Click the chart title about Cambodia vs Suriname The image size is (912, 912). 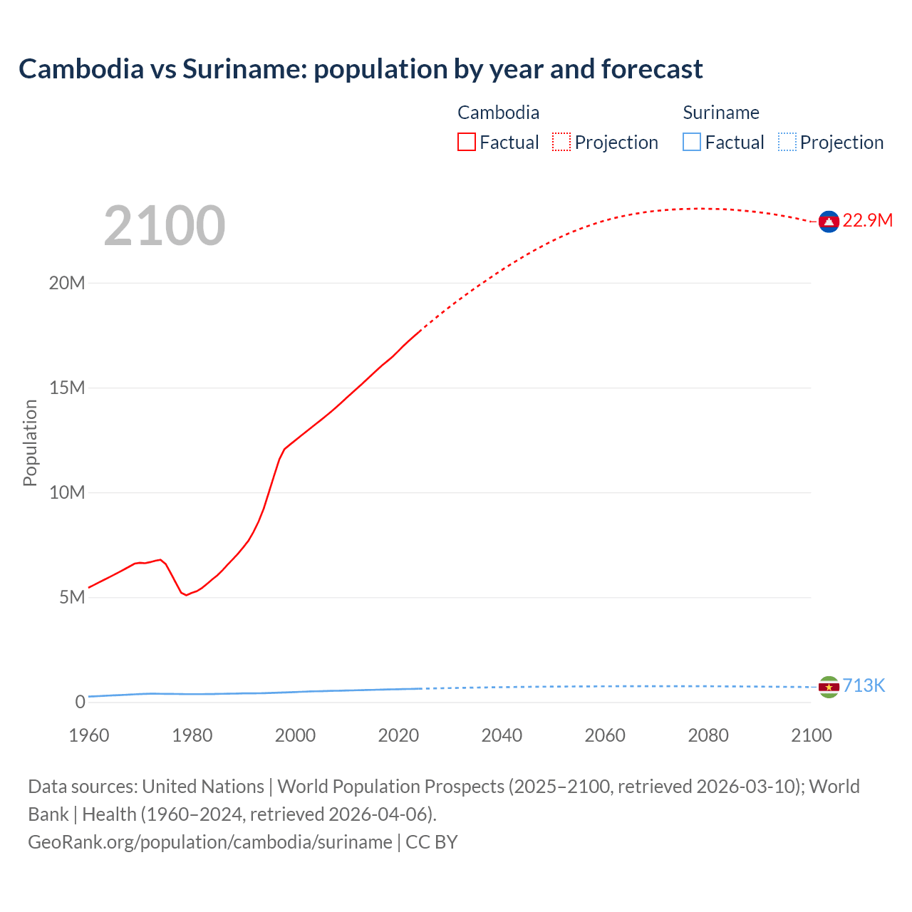361,69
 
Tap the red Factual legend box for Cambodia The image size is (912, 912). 466,142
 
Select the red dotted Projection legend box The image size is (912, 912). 561,142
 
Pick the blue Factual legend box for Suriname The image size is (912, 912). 691,142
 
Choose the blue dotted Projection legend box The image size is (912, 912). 787,142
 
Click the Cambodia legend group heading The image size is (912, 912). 498,113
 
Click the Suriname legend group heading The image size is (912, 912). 720,113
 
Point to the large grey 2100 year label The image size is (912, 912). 165,226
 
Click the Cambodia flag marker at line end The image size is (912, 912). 829,222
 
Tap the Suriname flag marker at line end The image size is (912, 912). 829,687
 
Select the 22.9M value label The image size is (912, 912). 867,220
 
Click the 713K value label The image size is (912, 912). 864,685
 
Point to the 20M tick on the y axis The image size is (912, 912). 67,283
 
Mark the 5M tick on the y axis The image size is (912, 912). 72,597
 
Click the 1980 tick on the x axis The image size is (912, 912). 192,735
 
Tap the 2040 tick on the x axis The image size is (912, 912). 502,735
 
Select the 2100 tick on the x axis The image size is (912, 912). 811,735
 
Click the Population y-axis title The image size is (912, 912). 30,442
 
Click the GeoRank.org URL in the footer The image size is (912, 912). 209,841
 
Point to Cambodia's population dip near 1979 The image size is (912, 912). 187,594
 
